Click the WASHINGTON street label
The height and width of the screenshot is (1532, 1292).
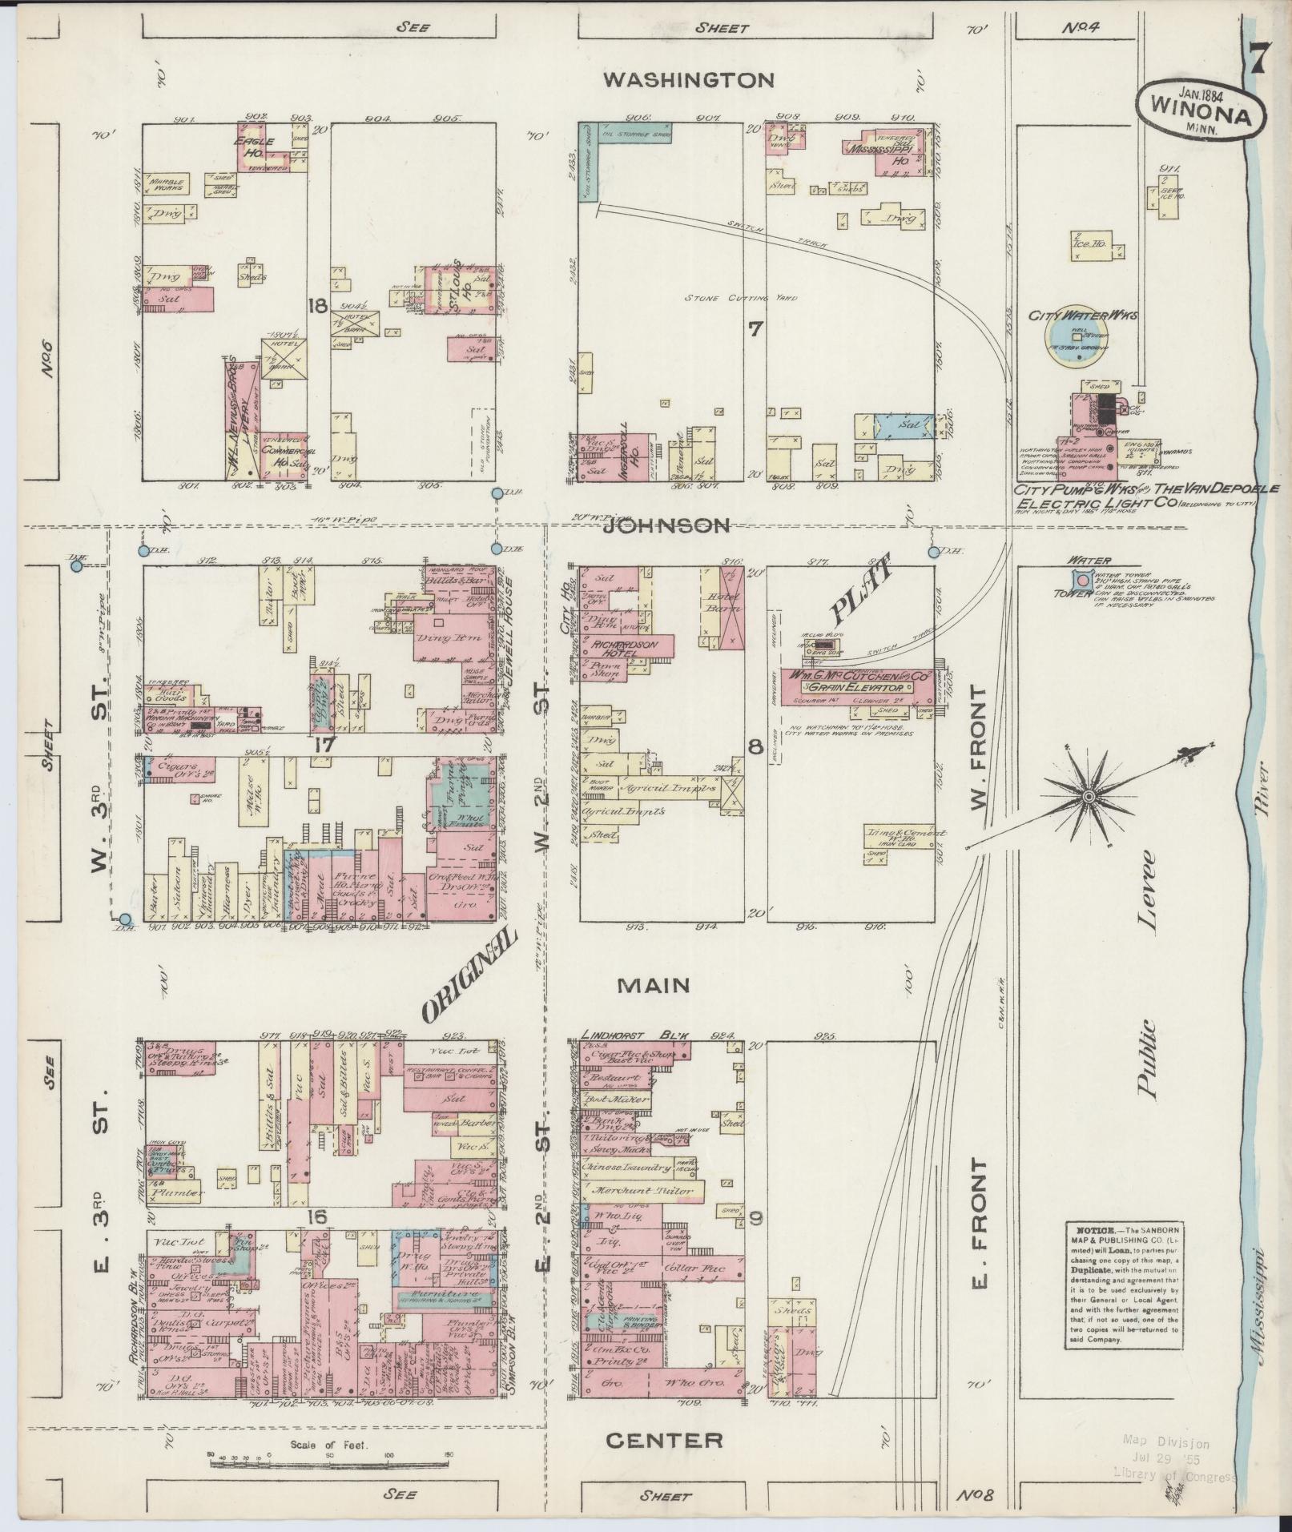tap(689, 79)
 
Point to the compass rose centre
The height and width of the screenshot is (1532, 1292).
tap(1089, 798)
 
